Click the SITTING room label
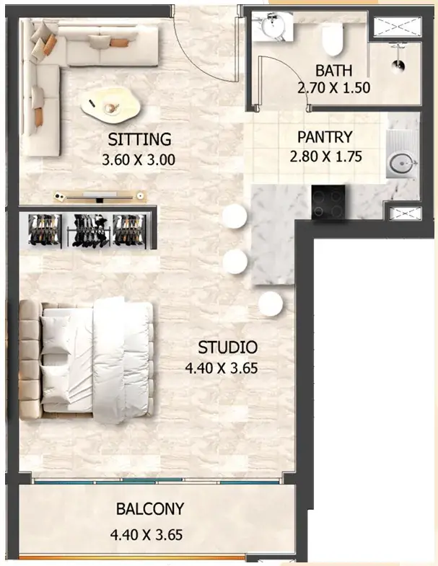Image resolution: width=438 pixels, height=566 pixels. (x=139, y=140)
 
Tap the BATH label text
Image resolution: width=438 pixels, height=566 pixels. (x=333, y=71)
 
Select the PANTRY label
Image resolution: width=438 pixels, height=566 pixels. (x=325, y=137)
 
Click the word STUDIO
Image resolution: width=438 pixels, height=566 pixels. (x=228, y=348)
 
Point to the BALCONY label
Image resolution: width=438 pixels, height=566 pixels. (x=150, y=509)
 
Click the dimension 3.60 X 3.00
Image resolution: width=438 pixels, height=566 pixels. (x=139, y=159)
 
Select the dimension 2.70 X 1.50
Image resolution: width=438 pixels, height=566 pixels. (x=333, y=88)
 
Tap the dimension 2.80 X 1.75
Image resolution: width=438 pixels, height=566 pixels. (x=325, y=156)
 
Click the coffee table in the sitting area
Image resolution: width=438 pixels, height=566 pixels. (x=111, y=107)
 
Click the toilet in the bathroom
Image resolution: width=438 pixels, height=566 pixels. (x=332, y=40)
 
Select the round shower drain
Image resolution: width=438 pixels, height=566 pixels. (x=398, y=66)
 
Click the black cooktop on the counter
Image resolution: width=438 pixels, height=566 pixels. (x=328, y=202)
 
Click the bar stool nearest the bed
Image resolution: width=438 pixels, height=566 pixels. (x=270, y=304)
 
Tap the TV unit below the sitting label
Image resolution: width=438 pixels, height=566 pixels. (x=100, y=196)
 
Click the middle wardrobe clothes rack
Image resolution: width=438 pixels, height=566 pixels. (x=89, y=231)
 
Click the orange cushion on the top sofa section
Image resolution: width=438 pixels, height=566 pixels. (x=120, y=43)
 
